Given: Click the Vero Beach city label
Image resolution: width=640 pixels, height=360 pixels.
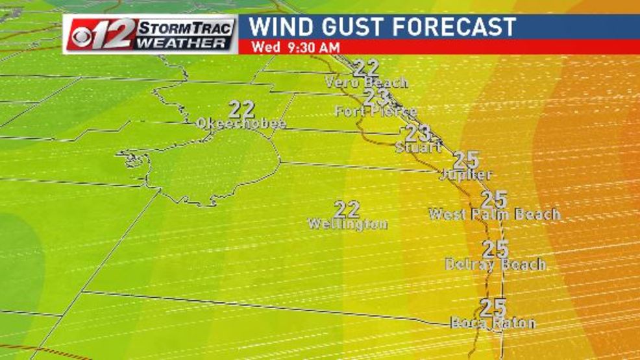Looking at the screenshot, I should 366,82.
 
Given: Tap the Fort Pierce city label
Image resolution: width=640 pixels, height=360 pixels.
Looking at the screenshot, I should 376,112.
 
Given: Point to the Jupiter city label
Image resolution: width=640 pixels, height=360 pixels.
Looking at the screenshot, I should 465,174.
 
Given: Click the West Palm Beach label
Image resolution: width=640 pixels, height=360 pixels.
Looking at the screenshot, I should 494,213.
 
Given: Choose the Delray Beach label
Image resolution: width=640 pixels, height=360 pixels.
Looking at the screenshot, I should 495,264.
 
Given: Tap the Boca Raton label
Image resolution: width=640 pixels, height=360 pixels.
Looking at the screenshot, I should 493,322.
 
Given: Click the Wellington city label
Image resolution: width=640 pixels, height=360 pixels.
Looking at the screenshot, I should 347,224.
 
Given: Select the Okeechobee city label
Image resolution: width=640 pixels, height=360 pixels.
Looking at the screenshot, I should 241,123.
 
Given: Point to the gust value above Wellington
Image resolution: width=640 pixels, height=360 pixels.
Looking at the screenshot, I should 347,209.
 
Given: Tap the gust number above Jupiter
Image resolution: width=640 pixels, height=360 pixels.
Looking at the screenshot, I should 466,160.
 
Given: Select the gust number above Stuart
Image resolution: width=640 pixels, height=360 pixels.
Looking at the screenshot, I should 418,133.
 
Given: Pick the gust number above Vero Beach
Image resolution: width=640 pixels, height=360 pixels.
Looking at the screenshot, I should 367,67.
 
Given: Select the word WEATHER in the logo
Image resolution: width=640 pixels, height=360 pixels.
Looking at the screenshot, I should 184,43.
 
